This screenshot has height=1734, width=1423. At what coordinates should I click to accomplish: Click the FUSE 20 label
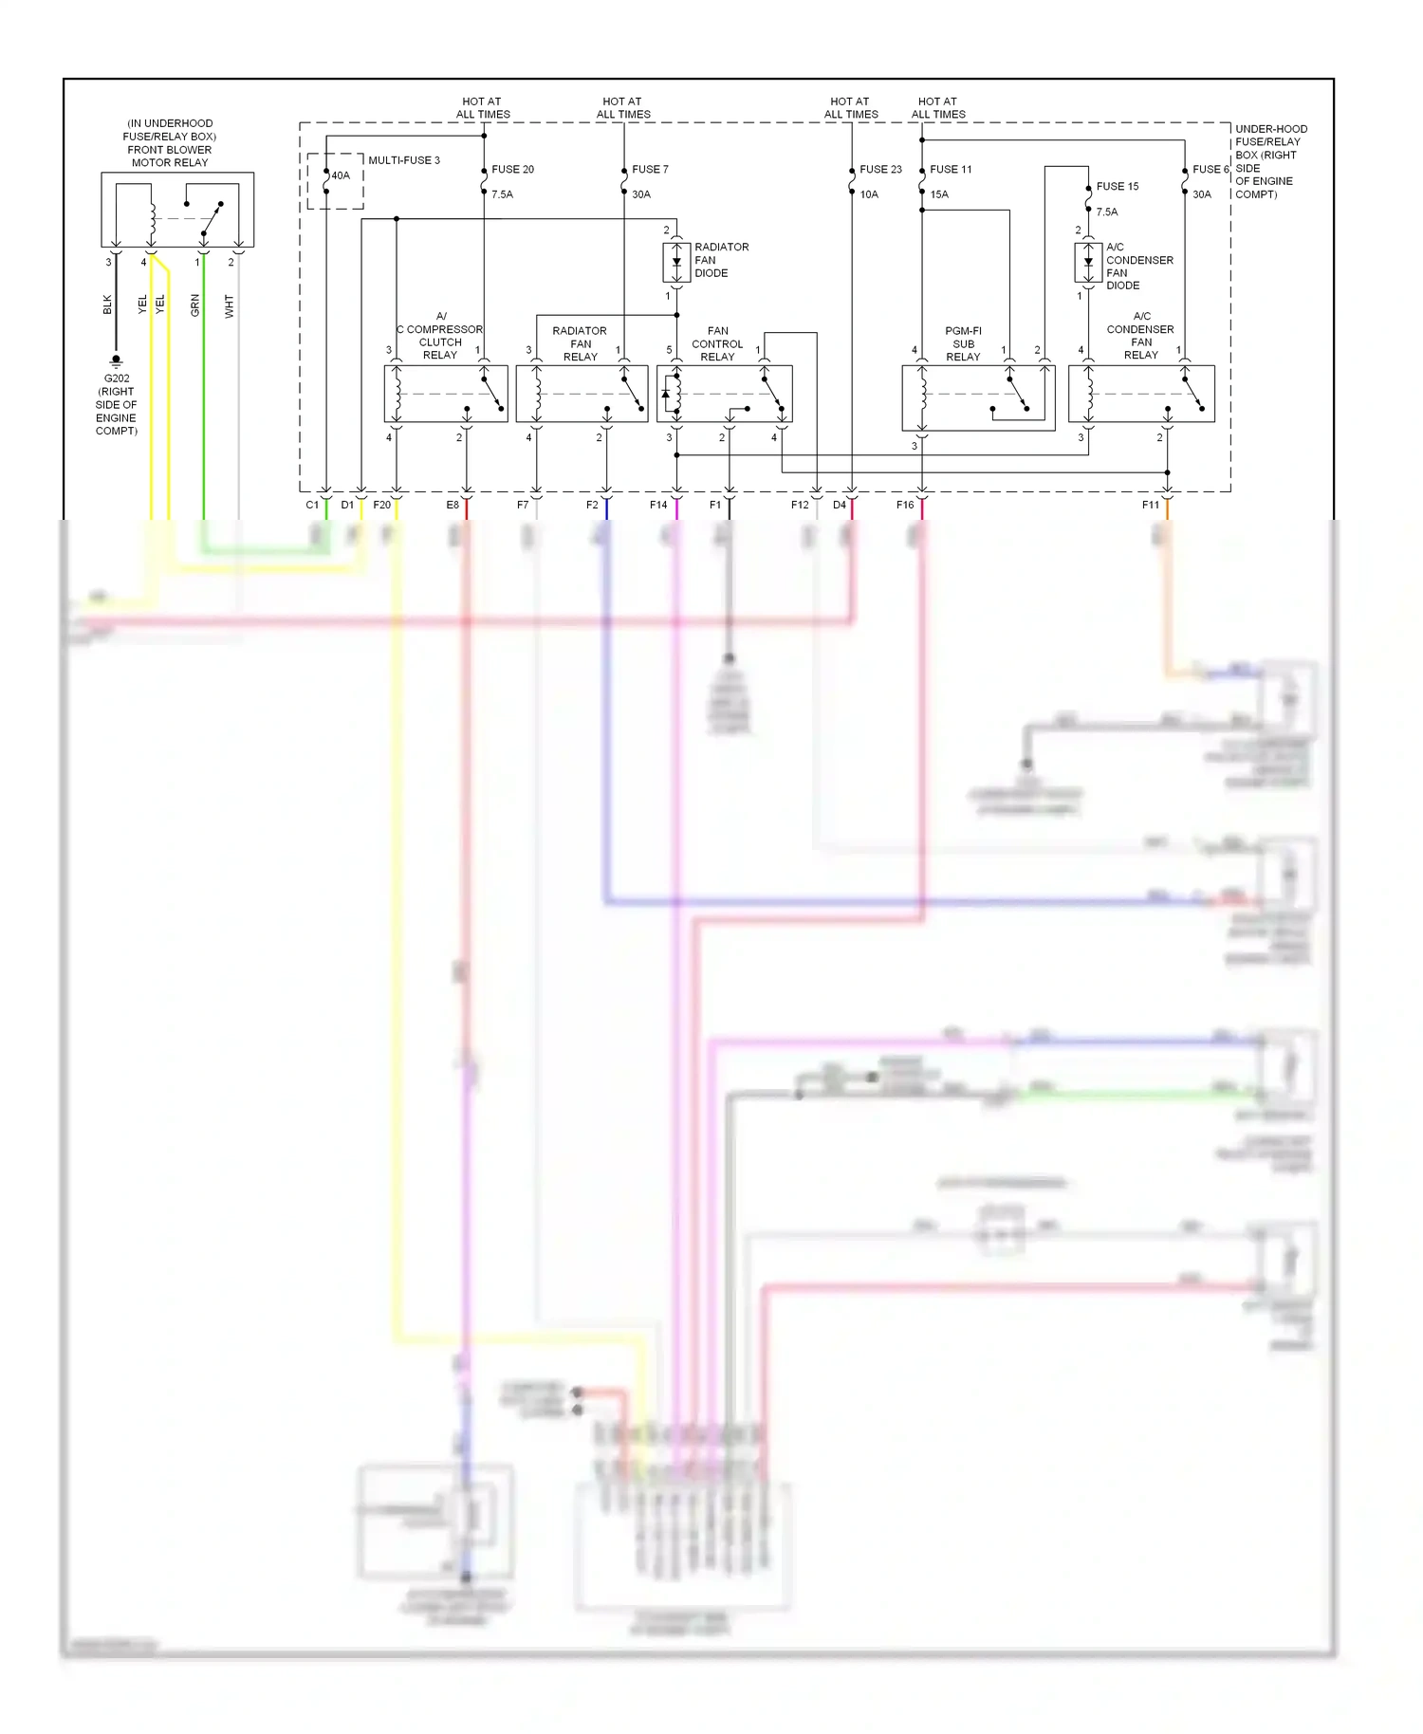coord(512,170)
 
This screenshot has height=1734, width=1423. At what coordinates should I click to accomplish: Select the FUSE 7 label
coord(650,170)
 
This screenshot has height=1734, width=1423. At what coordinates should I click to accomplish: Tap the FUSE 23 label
coord(880,170)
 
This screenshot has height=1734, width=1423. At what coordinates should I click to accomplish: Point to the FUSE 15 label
coord(1117,187)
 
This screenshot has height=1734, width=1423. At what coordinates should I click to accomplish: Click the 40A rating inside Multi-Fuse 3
coord(341,175)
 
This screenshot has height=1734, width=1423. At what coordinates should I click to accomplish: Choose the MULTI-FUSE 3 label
coord(403,160)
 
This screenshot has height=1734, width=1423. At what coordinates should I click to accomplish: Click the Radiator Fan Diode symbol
coord(676,262)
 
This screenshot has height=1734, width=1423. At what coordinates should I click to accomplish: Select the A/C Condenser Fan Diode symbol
coord(1088,263)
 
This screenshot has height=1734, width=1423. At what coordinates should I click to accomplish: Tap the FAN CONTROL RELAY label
coord(717,344)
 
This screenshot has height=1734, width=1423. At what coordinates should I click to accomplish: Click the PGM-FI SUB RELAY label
coord(963,344)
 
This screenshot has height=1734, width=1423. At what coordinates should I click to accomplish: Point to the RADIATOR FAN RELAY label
coord(580,344)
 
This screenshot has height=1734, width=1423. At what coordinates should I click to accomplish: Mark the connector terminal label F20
coord(381,505)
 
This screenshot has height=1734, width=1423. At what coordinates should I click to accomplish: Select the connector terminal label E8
coord(453,505)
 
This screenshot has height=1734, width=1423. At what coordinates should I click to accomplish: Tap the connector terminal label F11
coord(1150,505)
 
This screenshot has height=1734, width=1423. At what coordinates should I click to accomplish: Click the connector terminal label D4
coord(840,505)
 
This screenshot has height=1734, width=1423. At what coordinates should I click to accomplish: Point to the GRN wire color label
coord(195,305)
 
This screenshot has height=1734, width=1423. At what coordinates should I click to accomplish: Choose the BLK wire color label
coord(107,305)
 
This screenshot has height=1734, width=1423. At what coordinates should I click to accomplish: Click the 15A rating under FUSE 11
coord(939,194)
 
